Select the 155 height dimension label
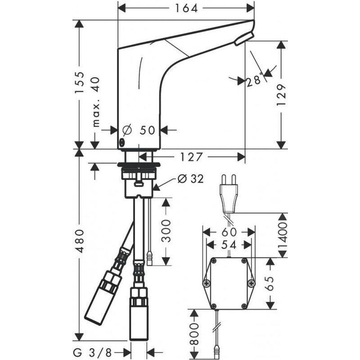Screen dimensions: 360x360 click(x=79, y=83)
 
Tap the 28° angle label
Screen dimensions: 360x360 click(x=254, y=80)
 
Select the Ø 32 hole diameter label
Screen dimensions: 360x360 click(x=188, y=179)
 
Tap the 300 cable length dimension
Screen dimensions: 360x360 click(x=165, y=231)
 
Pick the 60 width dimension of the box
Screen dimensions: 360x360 click(x=229, y=232)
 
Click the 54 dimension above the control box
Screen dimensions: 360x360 click(x=229, y=245)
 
